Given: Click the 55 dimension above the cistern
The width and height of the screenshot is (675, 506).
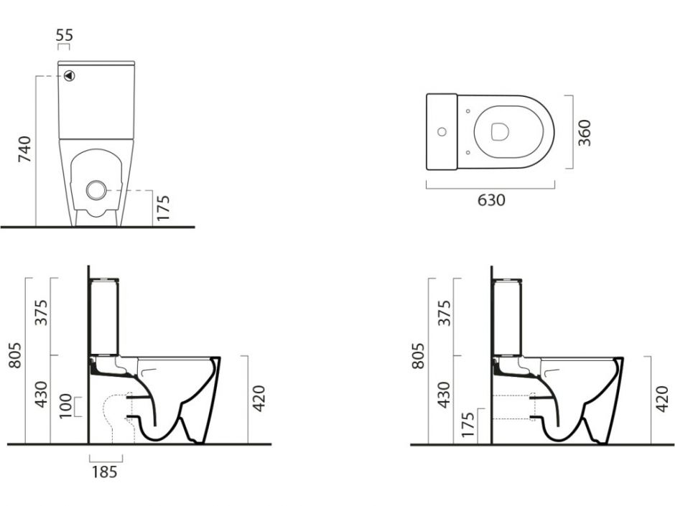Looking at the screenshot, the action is (x=65, y=35).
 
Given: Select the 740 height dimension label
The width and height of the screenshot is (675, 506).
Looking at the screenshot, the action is (x=25, y=149).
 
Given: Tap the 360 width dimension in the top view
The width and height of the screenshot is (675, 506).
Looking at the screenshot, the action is (x=585, y=133).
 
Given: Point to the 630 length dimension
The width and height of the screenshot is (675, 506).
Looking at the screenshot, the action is (x=491, y=200).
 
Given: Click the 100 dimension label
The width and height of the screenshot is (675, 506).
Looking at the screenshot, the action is (x=65, y=406).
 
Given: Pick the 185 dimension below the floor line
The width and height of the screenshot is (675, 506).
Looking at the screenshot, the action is (x=105, y=472).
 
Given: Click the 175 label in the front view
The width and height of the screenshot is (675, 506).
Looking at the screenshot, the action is (x=163, y=208).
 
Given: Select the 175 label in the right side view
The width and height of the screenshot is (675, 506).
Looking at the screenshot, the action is (x=468, y=425).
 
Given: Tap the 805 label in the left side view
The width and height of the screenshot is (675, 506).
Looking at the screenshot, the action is (x=15, y=355).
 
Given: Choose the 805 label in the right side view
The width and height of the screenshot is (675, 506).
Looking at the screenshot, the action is (x=418, y=356).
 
